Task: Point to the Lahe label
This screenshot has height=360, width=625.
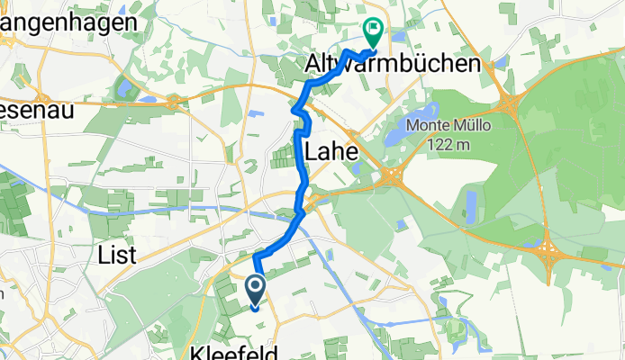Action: click(x=333, y=152)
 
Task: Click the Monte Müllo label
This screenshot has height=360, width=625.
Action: click(x=448, y=124)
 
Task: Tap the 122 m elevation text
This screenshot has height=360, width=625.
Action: click(x=448, y=144)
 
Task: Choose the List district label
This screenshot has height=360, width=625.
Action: click(x=116, y=256)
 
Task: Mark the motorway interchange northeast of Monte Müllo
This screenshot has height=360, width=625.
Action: click(x=511, y=103)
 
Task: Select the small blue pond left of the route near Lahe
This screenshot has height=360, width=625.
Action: click(x=252, y=114)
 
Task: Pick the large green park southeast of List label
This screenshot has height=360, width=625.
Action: click(x=171, y=297)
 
